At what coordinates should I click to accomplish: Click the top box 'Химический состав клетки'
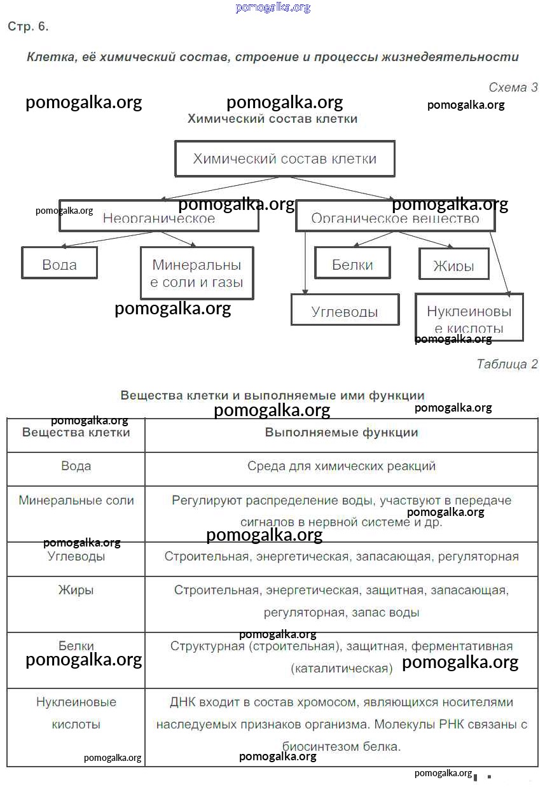coord(284,158)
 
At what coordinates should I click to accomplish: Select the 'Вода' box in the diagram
coord(60,263)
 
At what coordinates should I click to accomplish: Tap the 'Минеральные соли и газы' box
coord(197,273)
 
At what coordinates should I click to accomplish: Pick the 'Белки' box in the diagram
coord(352,263)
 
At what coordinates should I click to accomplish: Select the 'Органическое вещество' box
coord(395,218)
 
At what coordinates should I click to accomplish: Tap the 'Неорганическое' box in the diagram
coord(159,218)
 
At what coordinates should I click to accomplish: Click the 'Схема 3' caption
coord(513,87)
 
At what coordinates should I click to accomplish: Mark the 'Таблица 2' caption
coord(507,364)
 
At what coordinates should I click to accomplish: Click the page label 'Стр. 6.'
coord(28,27)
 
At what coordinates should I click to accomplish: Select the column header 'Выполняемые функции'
coord(341,433)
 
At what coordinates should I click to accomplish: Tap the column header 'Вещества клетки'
coord(76,433)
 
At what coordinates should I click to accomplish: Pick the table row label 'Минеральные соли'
coord(76,500)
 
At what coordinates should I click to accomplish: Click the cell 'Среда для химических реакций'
coord(341,466)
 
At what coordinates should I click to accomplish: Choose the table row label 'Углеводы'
coord(76,557)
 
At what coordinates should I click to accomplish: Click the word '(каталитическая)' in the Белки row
coord(341,669)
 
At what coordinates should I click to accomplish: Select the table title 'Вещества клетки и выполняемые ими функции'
coord(272,395)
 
